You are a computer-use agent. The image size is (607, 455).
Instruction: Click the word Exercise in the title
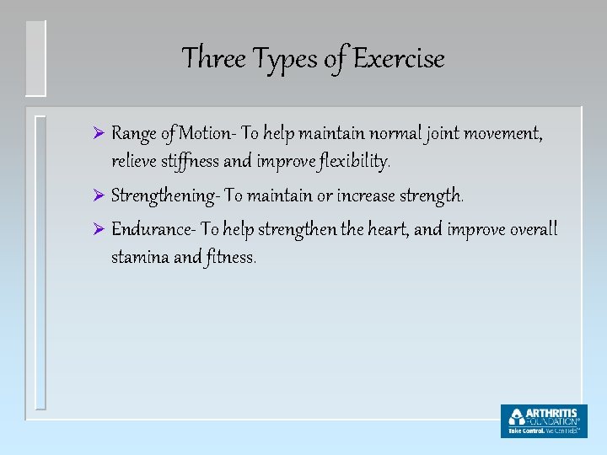[x=399, y=59]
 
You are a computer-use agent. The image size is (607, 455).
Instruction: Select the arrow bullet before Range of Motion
[x=97, y=133]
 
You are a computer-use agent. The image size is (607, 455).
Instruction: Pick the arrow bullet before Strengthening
[x=97, y=196]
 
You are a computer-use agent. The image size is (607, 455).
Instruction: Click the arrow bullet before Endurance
[x=97, y=230]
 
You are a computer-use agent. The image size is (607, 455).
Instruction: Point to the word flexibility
[x=346, y=160]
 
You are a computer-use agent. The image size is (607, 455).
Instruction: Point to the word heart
[x=386, y=230]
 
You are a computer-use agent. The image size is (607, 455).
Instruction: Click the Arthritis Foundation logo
[x=543, y=420]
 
